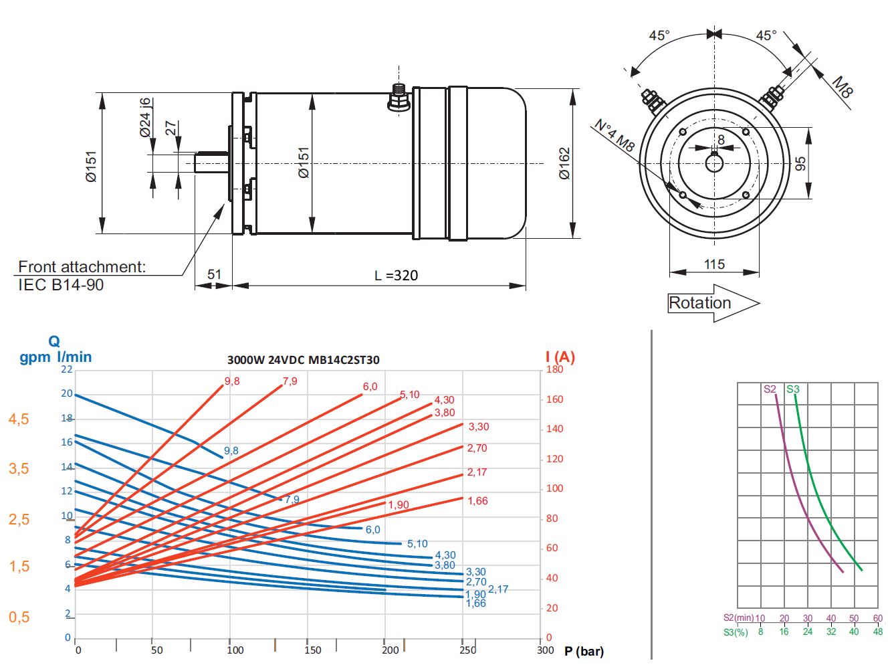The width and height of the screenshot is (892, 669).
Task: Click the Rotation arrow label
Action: pyautogui.click(x=700, y=303)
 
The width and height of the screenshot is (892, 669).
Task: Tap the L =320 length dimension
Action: pyautogui.click(x=397, y=276)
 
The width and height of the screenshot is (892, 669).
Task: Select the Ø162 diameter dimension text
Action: pyautogui.click(x=565, y=163)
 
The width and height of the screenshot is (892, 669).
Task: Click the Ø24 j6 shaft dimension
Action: pyautogui.click(x=146, y=118)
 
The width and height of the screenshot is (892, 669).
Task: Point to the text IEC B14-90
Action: pyautogui.click(x=61, y=285)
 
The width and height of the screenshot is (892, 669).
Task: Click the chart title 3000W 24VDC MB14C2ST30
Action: pyautogui.click(x=303, y=360)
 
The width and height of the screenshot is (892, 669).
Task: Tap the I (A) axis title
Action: pyautogui.click(x=560, y=357)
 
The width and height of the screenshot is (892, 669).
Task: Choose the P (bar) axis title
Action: pyautogui.click(x=584, y=651)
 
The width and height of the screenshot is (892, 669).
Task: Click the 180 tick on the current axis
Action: pyautogui.click(x=554, y=369)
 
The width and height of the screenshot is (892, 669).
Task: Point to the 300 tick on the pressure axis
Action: pyautogui.click(x=546, y=650)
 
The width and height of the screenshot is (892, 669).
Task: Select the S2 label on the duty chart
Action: pyautogui.click(x=770, y=389)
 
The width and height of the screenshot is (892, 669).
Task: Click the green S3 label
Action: pyautogui.click(x=793, y=389)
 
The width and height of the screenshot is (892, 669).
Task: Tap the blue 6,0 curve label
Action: pyautogui.click(x=372, y=530)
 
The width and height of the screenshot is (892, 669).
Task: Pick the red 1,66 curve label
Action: pyautogui.click(x=477, y=501)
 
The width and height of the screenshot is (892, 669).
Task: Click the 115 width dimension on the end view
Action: pyautogui.click(x=714, y=264)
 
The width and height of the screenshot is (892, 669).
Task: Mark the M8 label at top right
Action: pyautogui.click(x=843, y=87)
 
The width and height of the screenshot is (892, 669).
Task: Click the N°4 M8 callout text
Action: pyautogui.click(x=615, y=135)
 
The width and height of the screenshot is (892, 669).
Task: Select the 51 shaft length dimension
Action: pyautogui.click(x=214, y=274)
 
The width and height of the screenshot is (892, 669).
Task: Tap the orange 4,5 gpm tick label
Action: pyautogui.click(x=19, y=419)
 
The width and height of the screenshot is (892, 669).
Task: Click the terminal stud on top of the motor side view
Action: pyautogui.click(x=399, y=98)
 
